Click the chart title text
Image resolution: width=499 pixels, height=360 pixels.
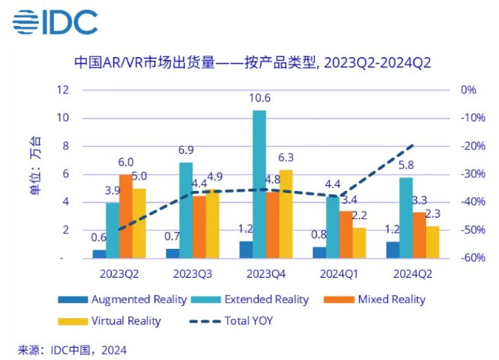(x=251, y=62)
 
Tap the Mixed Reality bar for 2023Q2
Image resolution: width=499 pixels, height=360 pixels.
(x=126, y=216)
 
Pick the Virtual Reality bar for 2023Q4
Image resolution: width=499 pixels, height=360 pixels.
(x=286, y=214)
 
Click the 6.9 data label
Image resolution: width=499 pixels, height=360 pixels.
(x=186, y=150)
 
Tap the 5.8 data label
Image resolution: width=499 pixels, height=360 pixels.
(x=406, y=165)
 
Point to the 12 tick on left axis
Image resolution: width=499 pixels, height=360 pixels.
(x=65, y=90)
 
